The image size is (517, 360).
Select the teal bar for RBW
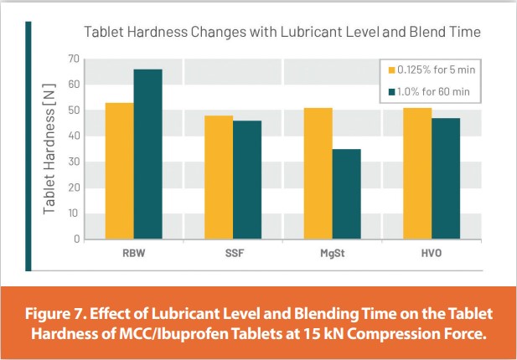coord(147,154)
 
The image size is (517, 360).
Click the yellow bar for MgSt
coord(318,173)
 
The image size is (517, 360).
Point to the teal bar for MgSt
coord(346,194)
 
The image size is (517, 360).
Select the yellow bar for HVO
coord(417,173)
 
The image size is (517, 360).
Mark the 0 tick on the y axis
coord(76,239)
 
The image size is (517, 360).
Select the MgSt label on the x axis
coord(332,251)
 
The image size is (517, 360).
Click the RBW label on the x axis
coord(133,251)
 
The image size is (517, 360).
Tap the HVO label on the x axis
coord(432,251)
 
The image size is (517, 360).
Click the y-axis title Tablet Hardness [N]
coord(49,150)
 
